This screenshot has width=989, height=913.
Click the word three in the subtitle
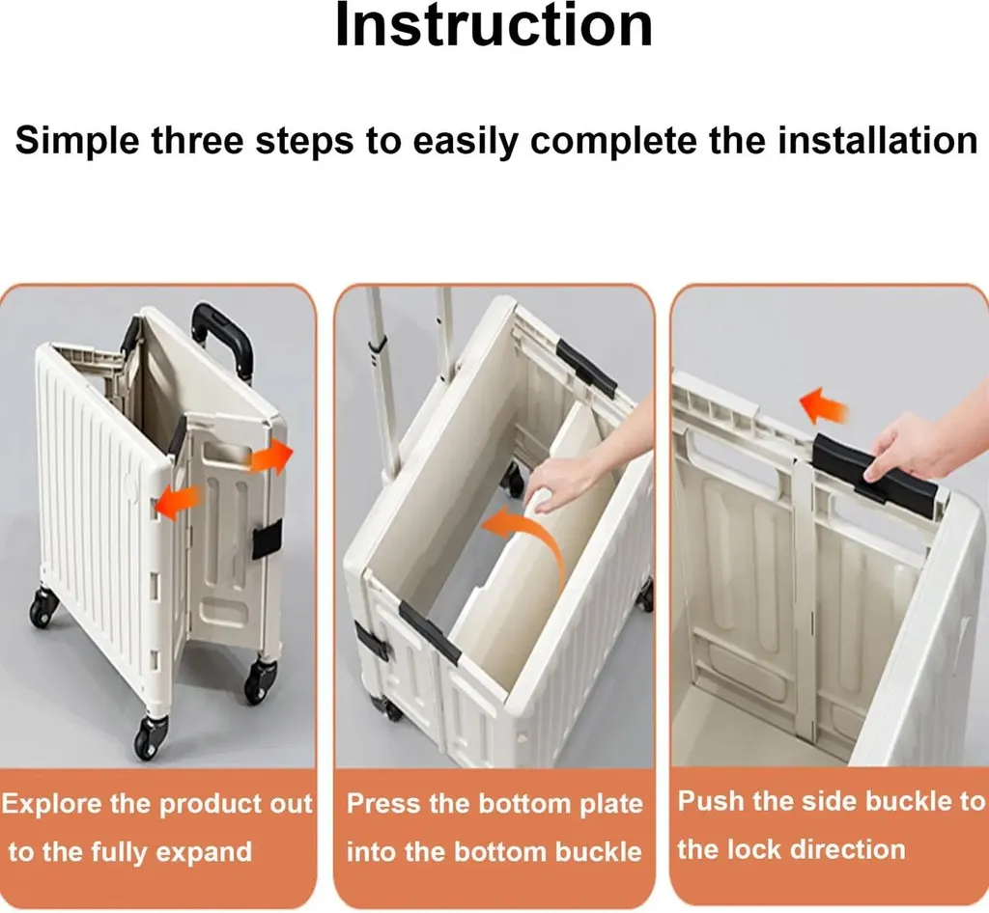click(197, 141)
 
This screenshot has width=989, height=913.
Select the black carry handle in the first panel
click(223, 341)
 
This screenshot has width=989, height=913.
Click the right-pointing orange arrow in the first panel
click(271, 456)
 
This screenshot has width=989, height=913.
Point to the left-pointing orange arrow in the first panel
click(178, 502)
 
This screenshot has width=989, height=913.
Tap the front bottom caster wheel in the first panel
click(152, 738)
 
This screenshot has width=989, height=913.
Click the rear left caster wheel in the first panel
click(42, 606)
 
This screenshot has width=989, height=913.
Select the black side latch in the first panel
click(267, 540)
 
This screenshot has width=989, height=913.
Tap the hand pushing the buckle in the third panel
click(927, 449)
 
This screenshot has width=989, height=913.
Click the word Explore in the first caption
click(52, 804)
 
